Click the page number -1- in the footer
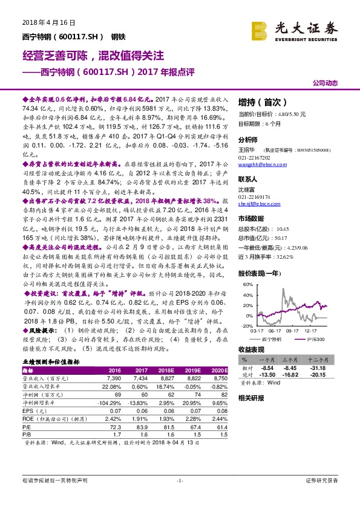(180, 480)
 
